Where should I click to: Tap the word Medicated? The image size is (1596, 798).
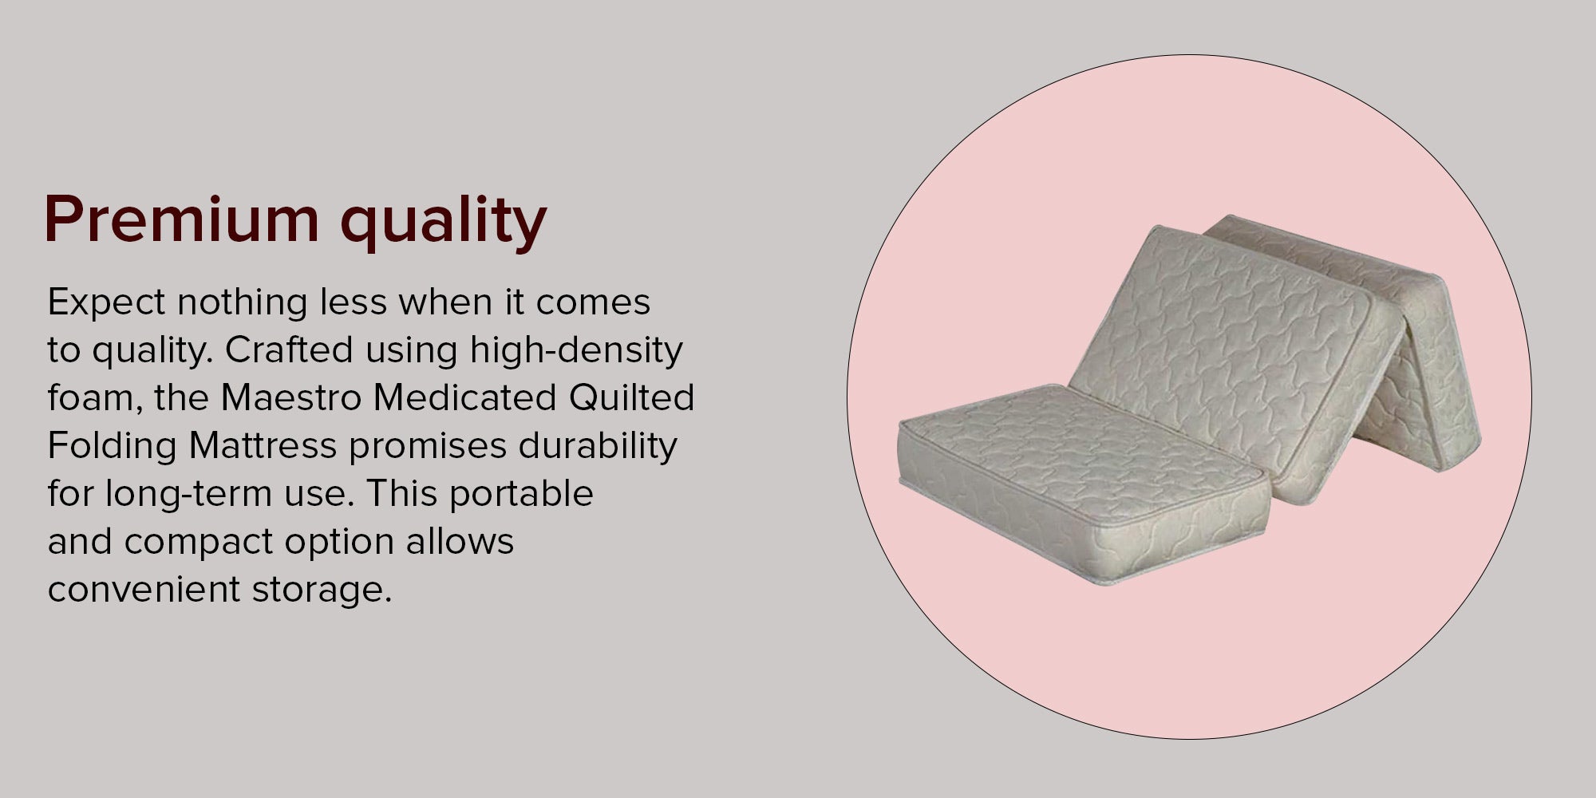pyautogui.click(x=465, y=397)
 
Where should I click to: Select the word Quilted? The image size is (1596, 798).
pyautogui.click(x=631, y=397)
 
